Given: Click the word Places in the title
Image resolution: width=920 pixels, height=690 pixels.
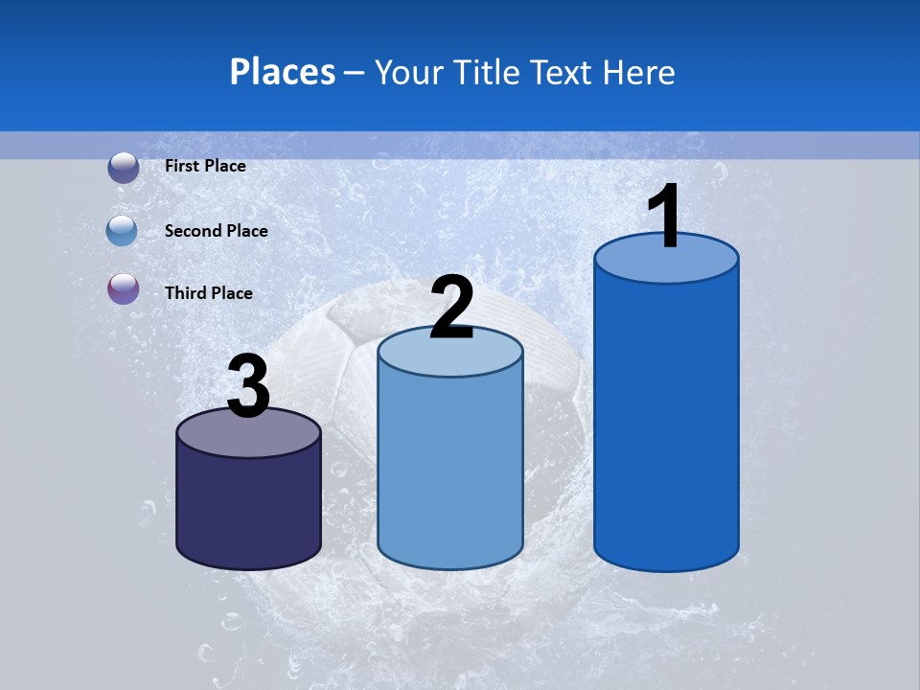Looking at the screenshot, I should point(283,72).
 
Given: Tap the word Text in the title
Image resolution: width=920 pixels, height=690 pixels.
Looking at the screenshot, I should point(565,72).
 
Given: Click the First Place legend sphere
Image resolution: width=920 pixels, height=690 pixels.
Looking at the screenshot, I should point(123,167).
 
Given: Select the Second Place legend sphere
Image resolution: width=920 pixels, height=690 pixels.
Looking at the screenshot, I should point(123,231).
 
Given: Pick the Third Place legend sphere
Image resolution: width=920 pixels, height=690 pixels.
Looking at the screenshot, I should point(123,288).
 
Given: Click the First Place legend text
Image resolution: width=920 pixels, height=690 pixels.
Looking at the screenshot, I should point(205,166).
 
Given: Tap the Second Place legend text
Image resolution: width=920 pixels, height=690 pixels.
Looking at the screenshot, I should point(216,231).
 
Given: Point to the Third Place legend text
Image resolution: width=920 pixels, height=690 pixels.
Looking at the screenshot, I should point(208,293).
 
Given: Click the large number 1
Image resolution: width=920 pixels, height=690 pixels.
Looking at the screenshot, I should point(665,217).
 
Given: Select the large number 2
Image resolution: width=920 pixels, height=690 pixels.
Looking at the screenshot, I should point(451,307).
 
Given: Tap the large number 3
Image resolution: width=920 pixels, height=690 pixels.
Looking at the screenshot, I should point(248,386).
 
